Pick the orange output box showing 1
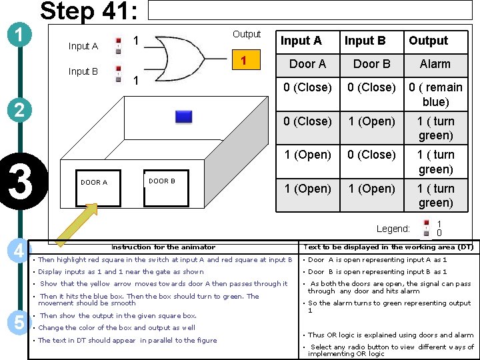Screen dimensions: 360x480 [x=243, y=61]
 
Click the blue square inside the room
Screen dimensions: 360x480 [x=183, y=117]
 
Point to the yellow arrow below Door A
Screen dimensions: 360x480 [x=76, y=223]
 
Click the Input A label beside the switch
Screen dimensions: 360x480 [x=83, y=46]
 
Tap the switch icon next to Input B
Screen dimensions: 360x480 [x=118, y=71]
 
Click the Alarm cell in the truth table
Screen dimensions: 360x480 [x=435, y=64]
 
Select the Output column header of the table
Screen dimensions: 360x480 [x=428, y=41]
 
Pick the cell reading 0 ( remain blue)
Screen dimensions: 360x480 [x=435, y=95]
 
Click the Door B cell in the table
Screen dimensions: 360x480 [x=371, y=64]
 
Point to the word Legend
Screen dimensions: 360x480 [x=393, y=229]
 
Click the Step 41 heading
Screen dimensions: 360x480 [x=89, y=12]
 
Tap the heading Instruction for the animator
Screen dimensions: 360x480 [x=163, y=247]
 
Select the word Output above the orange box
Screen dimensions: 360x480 [x=247, y=34]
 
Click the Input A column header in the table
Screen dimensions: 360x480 [x=301, y=41]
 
